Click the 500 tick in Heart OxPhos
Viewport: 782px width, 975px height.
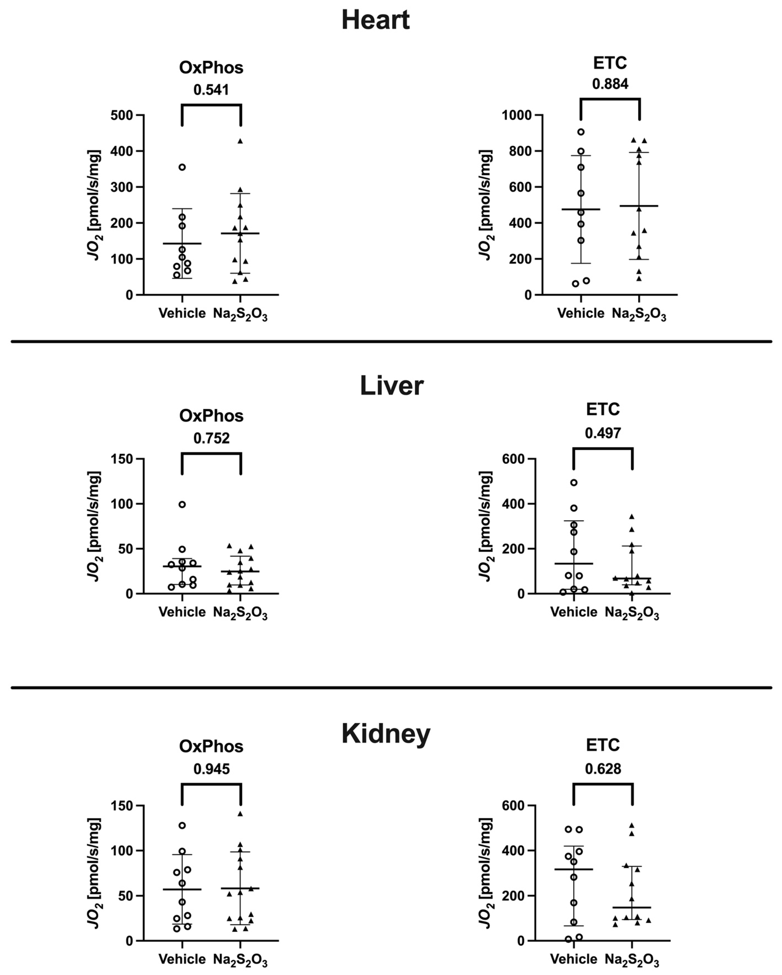pyautogui.click(x=122, y=115)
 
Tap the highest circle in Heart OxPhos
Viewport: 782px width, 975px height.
pyautogui.click(x=182, y=167)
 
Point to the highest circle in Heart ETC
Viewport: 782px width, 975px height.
pyautogui.click(x=581, y=132)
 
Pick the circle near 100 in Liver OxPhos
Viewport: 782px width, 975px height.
pyautogui.click(x=182, y=504)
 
